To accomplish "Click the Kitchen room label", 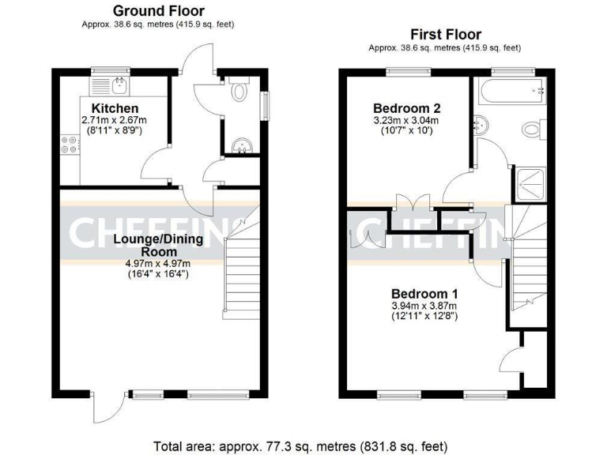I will tap(115, 108).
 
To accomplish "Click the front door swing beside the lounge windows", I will tap(104, 408).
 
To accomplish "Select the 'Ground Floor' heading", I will tap(158, 11).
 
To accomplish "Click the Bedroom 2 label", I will tap(406, 108).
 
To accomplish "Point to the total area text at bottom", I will tap(303, 444).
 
